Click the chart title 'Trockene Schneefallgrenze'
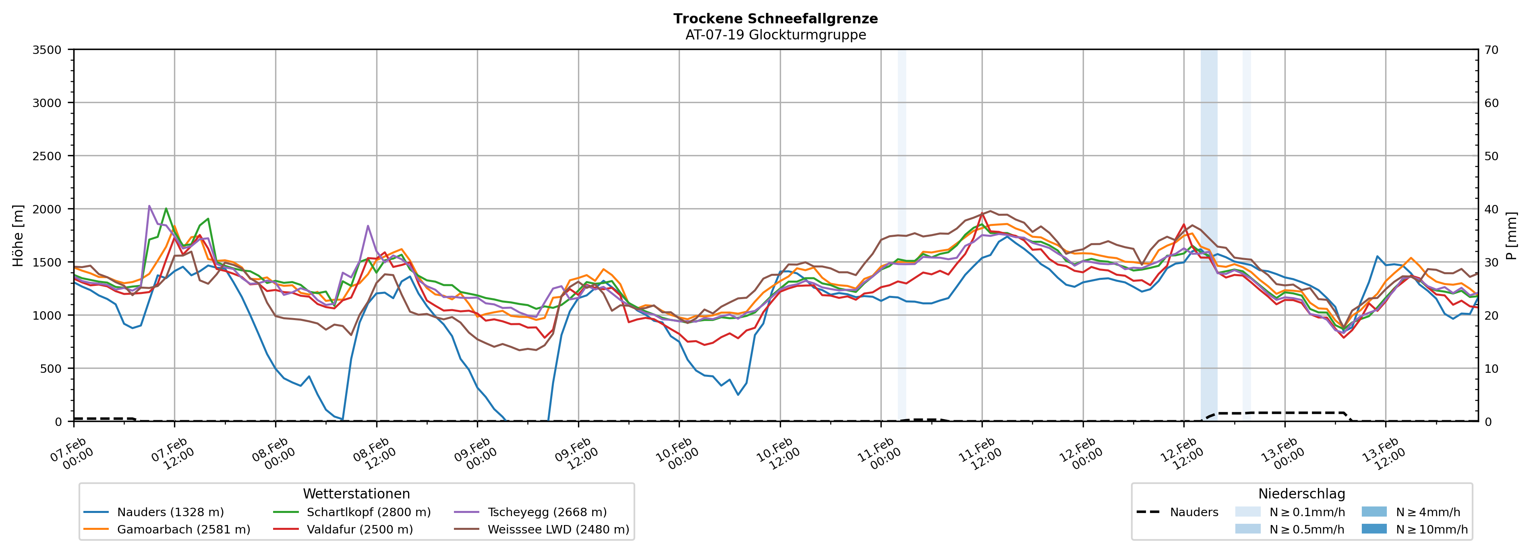776,19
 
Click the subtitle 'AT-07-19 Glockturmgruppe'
776,35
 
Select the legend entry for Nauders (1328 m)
170,512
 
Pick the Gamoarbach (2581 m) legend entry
183,529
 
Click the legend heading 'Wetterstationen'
356,494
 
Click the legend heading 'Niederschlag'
1301,494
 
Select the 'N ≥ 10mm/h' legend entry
1431,529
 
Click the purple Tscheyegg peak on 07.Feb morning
149,206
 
